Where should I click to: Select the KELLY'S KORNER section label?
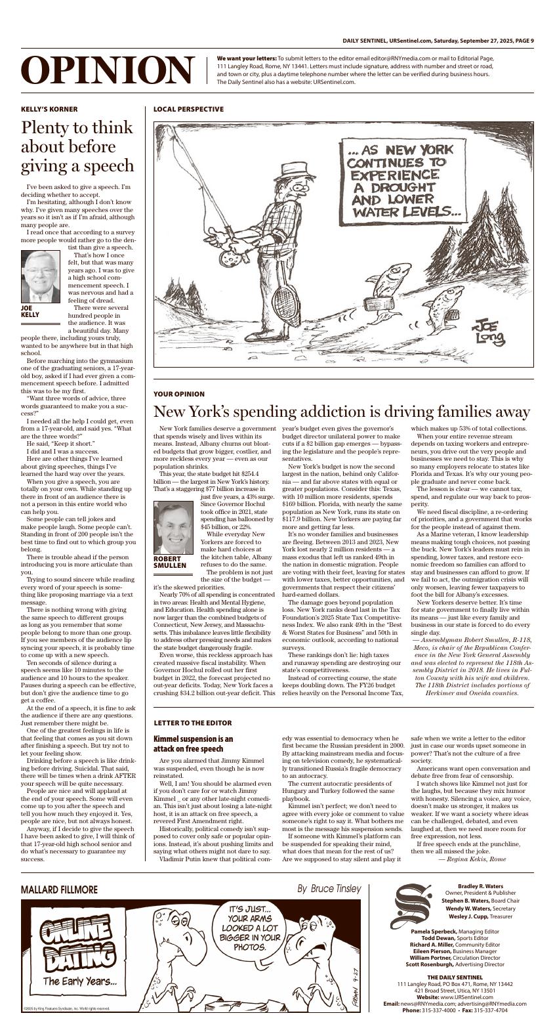click(x=49, y=109)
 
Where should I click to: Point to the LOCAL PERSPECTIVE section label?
click(x=188, y=109)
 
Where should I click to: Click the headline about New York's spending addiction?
click(x=341, y=412)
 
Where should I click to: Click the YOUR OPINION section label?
click(x=179, y=394)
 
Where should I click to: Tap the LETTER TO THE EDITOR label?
click(x=192, y=723)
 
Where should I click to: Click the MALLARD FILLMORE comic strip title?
click(x=59, y=889)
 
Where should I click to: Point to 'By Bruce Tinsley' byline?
click(x=329, y=889)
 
